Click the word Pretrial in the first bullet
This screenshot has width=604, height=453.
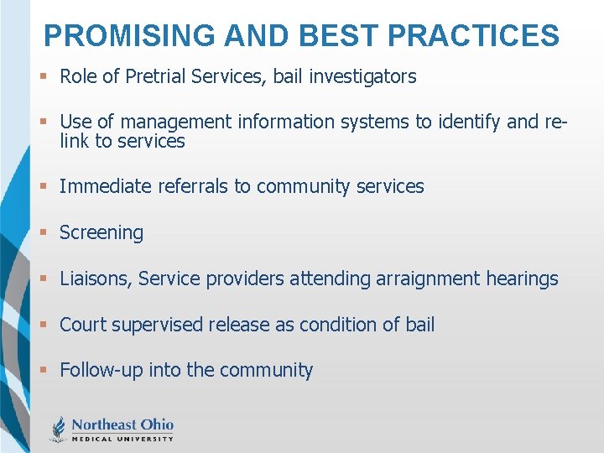157,77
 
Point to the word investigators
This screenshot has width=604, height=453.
362,77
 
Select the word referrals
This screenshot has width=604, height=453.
189,186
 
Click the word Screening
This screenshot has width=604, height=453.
102,232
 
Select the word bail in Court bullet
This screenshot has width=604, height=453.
419,325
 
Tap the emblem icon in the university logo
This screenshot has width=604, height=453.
59,429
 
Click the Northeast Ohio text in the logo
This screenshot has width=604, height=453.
122,424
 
